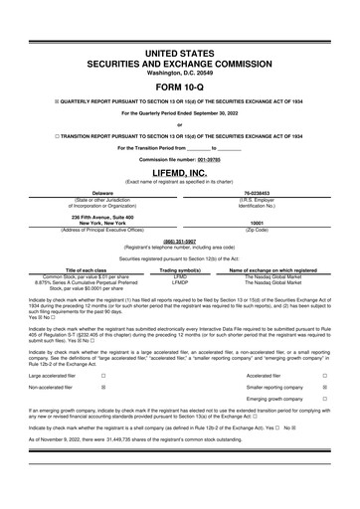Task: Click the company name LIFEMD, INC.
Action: click(x=180, y=172)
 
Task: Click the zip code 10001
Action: click(x=257, y=224)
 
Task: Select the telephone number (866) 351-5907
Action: click(x=180, y=240)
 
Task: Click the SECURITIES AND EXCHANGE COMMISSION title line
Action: click(x=180, y=61)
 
